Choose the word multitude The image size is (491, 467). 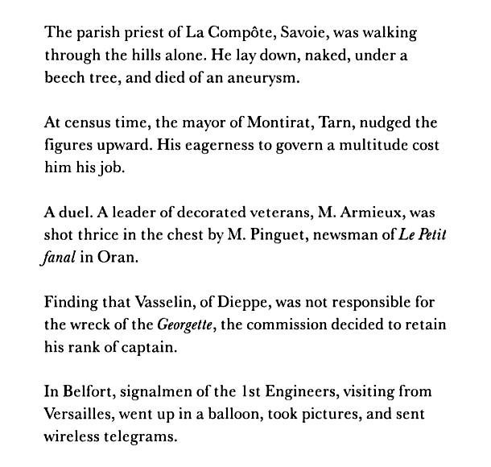[x=373, y=147]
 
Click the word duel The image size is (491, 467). [x=80, y=214]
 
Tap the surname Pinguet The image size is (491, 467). [x=234, y=237]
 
